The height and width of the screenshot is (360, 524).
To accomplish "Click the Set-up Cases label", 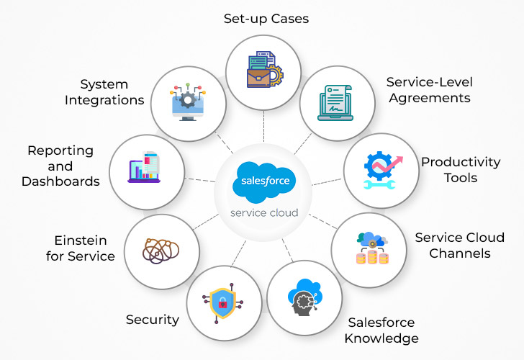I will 266,18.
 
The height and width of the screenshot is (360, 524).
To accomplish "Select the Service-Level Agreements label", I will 428,90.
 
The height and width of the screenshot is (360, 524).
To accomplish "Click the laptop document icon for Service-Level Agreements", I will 336,104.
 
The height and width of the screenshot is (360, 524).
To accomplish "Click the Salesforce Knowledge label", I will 381,330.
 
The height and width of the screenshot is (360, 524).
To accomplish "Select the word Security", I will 152,320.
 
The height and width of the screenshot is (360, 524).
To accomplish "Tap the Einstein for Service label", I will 84,248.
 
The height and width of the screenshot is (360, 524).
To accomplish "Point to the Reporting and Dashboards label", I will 60,166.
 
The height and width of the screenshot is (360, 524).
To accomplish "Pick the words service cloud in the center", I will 263,214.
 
